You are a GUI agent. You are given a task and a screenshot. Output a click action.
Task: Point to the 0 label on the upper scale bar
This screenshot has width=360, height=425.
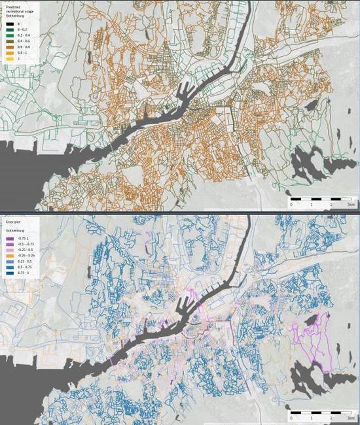pyautogui.click(x=292, y=204)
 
